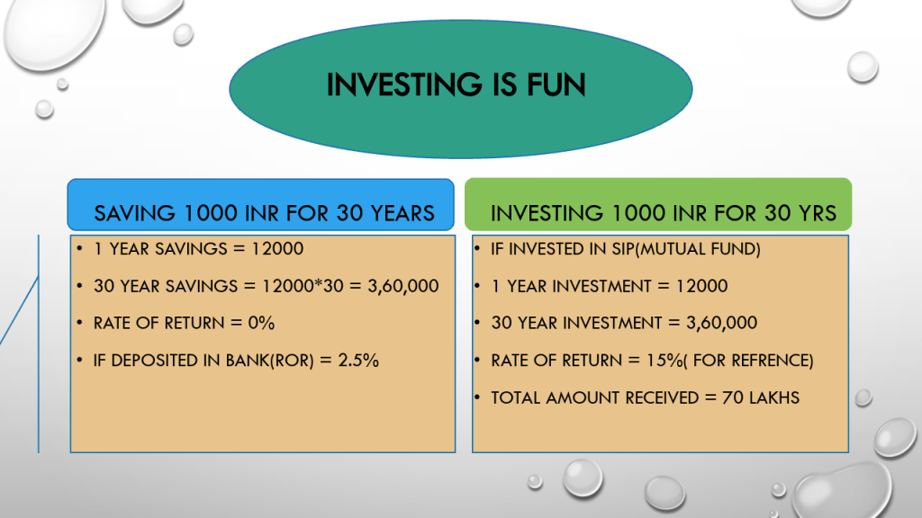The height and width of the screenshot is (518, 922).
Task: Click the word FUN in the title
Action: click(x=556, y=85)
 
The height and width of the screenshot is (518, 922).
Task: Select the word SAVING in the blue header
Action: click(x=135, y=213)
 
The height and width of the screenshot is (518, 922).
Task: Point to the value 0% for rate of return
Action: click(x=261, y=323)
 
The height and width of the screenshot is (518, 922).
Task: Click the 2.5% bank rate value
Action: click(x=358, y=360)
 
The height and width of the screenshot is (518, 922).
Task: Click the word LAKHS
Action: click(x=774, y=397)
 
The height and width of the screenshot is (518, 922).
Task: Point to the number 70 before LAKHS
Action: click(x=733, y=397)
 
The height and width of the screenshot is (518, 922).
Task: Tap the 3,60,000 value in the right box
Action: click(x=721, y=323)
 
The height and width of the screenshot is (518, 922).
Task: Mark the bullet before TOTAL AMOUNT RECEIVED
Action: click(x=477, y=397)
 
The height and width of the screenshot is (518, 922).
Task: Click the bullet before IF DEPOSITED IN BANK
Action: click(x=79, y=360)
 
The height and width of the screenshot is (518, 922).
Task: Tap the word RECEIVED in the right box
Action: click(x=662, y=397)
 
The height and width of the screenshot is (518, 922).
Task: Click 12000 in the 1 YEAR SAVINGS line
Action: click(x=277, y=249)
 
